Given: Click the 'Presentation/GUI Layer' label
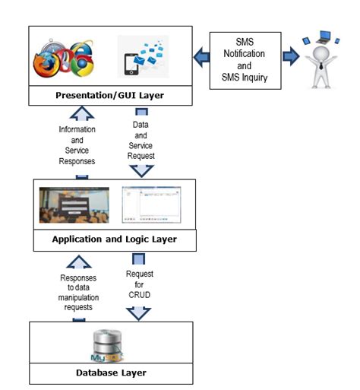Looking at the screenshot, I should coord(110,97).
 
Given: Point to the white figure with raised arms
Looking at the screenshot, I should coord(319,57).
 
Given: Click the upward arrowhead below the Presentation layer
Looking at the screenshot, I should coord(82,114).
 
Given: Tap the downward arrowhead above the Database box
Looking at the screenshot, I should coord(139,312).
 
